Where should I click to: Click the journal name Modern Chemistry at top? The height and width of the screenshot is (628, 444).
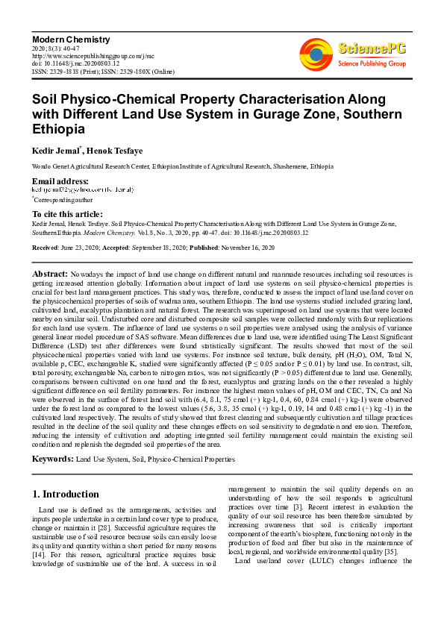pyautogui.click(x=70, y=39)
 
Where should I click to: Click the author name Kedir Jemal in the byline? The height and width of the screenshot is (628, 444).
pyautogui.click(x=54, y=151)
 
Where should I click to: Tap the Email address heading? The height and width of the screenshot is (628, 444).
pyautogui.click(x=60, y=181)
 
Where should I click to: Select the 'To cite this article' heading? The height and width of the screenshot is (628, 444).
pyautogui.click(x=66, y=213)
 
